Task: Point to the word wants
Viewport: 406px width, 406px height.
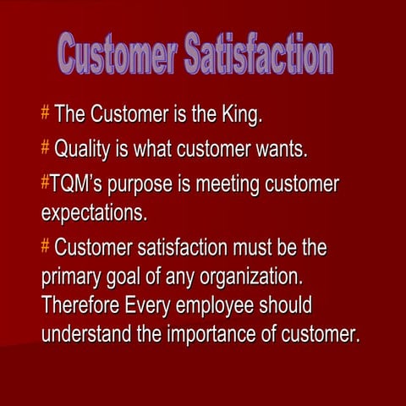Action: [280, 150]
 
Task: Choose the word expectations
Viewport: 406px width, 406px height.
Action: [94, 213]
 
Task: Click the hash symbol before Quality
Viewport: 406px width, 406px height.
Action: [46, 150]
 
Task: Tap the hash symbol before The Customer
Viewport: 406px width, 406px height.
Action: [46, 112]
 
